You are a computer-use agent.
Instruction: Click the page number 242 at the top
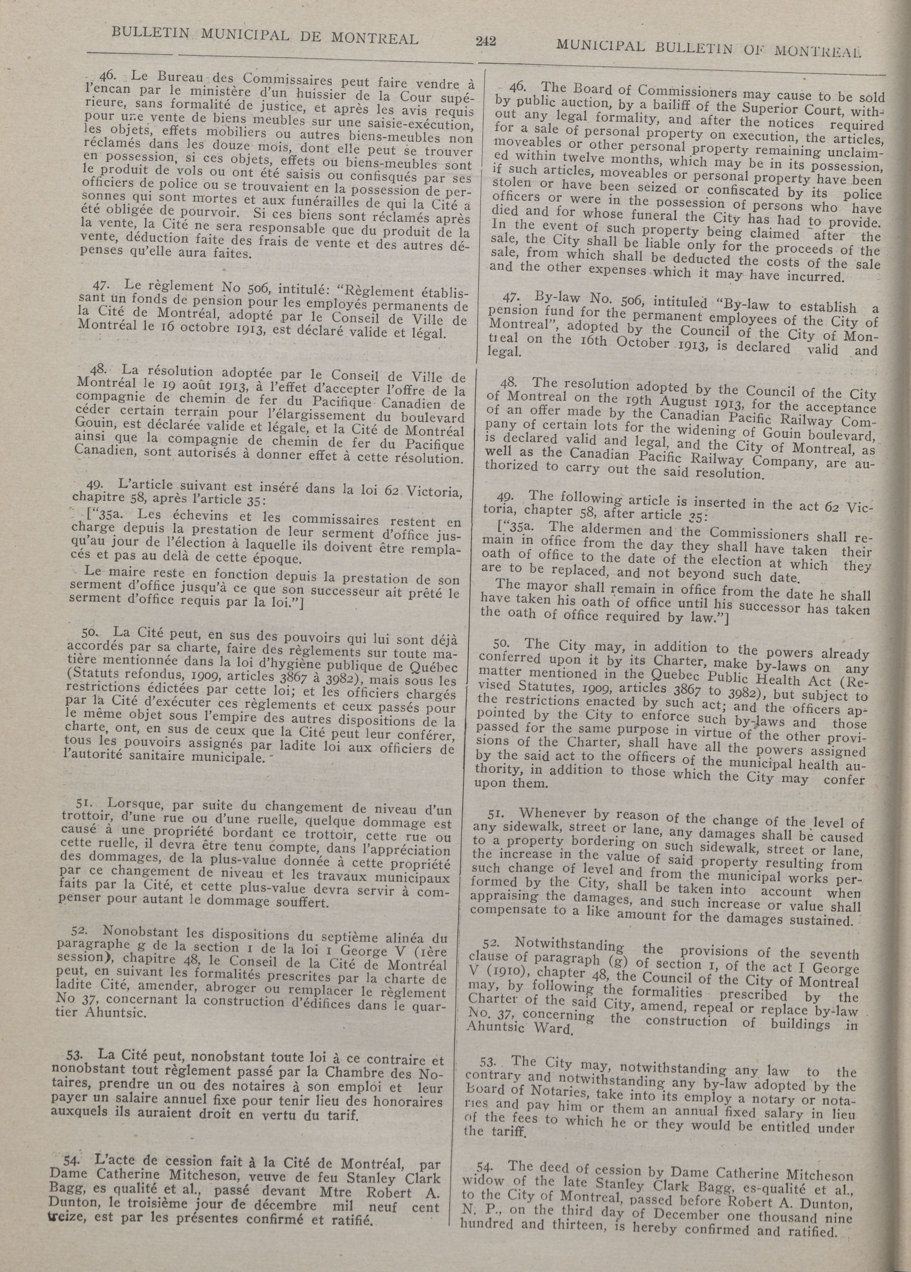[x=486, y=41]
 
